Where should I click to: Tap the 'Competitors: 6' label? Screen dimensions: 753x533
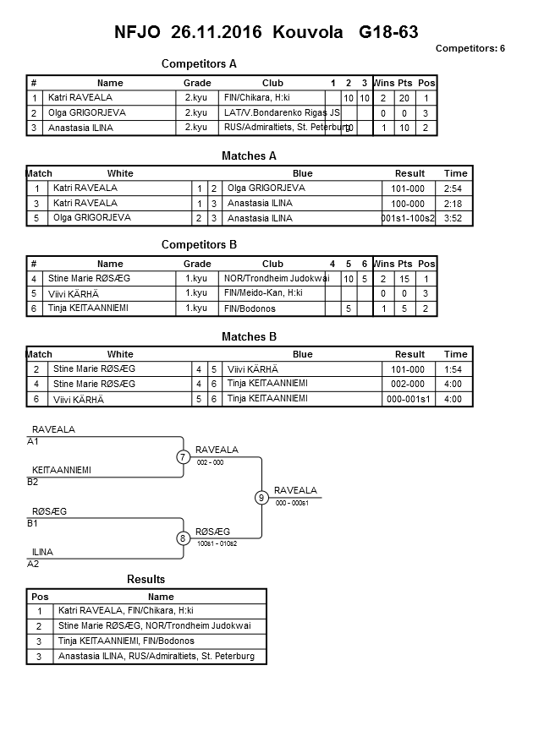(470, 48)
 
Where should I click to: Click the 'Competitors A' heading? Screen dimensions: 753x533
(199, 63)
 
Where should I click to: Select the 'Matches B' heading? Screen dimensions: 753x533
(250, 336)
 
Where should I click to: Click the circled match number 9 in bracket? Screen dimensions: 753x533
(261, 498)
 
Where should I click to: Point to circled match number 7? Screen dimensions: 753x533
(183, 457)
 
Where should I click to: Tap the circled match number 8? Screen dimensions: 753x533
(183, 537)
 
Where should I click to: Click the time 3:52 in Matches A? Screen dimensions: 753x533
(455, 218)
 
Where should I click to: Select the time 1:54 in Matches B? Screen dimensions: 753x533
(455, 368)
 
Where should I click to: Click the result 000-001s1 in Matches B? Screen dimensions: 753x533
(409, 399)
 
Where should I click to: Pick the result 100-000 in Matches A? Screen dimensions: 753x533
(409, 203)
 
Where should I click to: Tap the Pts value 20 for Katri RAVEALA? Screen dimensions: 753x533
(404, 98)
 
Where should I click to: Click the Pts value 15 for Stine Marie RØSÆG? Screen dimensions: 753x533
(404, 278)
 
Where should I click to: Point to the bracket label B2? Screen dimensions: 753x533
(33, 482)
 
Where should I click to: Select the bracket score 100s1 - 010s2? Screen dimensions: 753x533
(217, 543)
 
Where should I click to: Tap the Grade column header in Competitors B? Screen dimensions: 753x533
(197, 264)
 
